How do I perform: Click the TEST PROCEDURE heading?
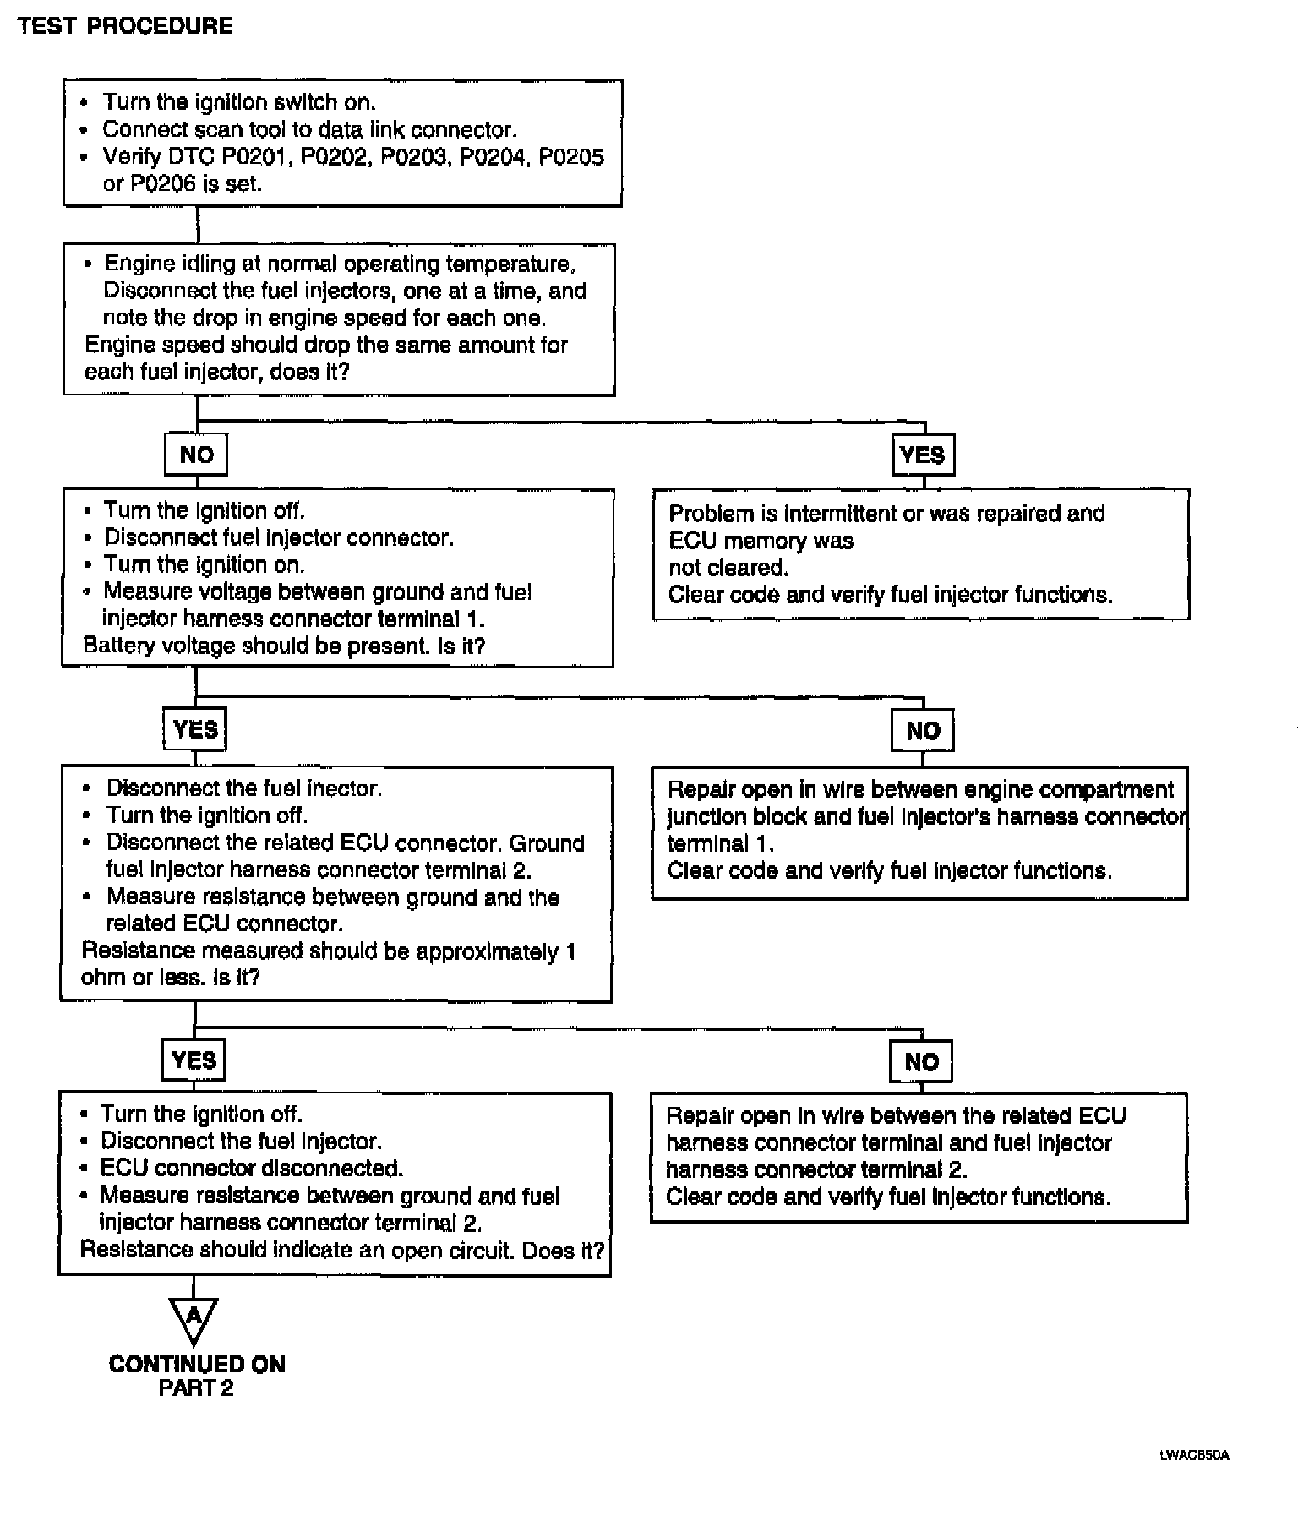click(x=125, y=26)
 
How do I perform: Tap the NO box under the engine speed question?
click(x=196, y=455)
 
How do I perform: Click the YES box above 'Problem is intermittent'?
click(x=923, y=455)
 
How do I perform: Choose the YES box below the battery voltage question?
click(x=195, y=729)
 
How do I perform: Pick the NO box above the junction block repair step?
click(x=923, y=731)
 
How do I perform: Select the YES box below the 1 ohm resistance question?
click(x=194, y=1060)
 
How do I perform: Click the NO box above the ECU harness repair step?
click(x=921, y=1062)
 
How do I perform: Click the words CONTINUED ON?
click(x=197, y=1365)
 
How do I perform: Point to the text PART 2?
click(x=196, y=1388)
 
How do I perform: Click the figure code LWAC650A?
click(x=1194, y=1456)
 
